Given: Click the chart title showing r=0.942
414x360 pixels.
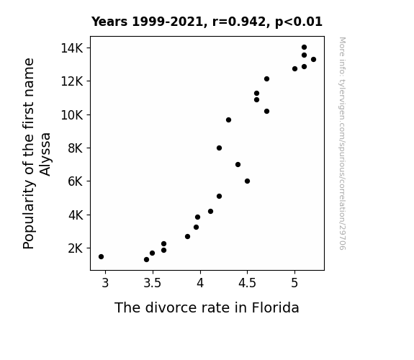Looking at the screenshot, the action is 207,22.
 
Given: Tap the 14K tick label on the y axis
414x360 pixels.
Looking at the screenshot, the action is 72,48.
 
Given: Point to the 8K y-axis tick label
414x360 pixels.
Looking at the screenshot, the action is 76,148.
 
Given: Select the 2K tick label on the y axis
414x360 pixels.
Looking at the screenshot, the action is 76,248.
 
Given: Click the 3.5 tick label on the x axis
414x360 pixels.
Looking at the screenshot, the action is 153,283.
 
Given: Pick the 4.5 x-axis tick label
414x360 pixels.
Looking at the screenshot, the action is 247,283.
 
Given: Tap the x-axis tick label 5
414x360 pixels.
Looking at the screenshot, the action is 294,283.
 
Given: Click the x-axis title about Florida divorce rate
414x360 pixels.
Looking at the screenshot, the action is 207,307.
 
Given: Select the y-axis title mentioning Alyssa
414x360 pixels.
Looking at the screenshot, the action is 37,153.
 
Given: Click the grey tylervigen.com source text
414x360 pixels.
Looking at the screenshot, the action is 342,143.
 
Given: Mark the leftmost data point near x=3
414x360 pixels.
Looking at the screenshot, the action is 101,257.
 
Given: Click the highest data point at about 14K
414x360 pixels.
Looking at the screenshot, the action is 304,48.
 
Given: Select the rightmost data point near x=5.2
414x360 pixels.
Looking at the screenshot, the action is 313,60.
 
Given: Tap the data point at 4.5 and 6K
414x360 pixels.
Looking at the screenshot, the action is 247,181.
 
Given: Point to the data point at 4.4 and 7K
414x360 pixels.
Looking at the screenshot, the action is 238,165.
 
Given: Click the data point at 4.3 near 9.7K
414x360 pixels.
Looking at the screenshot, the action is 229,120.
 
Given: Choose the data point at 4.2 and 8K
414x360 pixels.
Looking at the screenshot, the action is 219,148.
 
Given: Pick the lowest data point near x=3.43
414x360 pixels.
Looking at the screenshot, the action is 147,260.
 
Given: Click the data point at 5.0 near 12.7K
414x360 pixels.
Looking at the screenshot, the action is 294,68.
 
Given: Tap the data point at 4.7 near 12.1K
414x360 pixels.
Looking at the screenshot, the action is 266,79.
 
